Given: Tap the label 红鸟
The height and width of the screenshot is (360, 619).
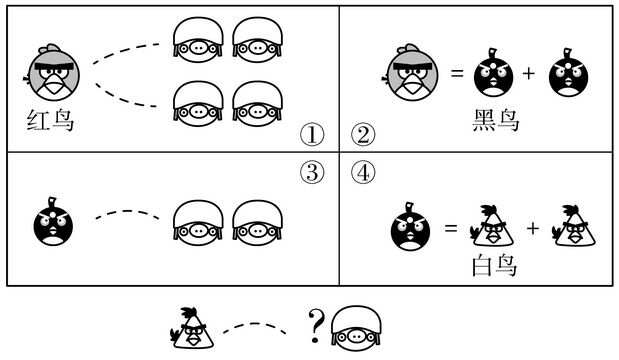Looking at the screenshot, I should click(x=51, y=124).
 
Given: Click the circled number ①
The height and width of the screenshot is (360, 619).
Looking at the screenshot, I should click(x=314, y=134).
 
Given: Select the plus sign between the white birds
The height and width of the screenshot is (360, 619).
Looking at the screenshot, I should click(x=532, y=229).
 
